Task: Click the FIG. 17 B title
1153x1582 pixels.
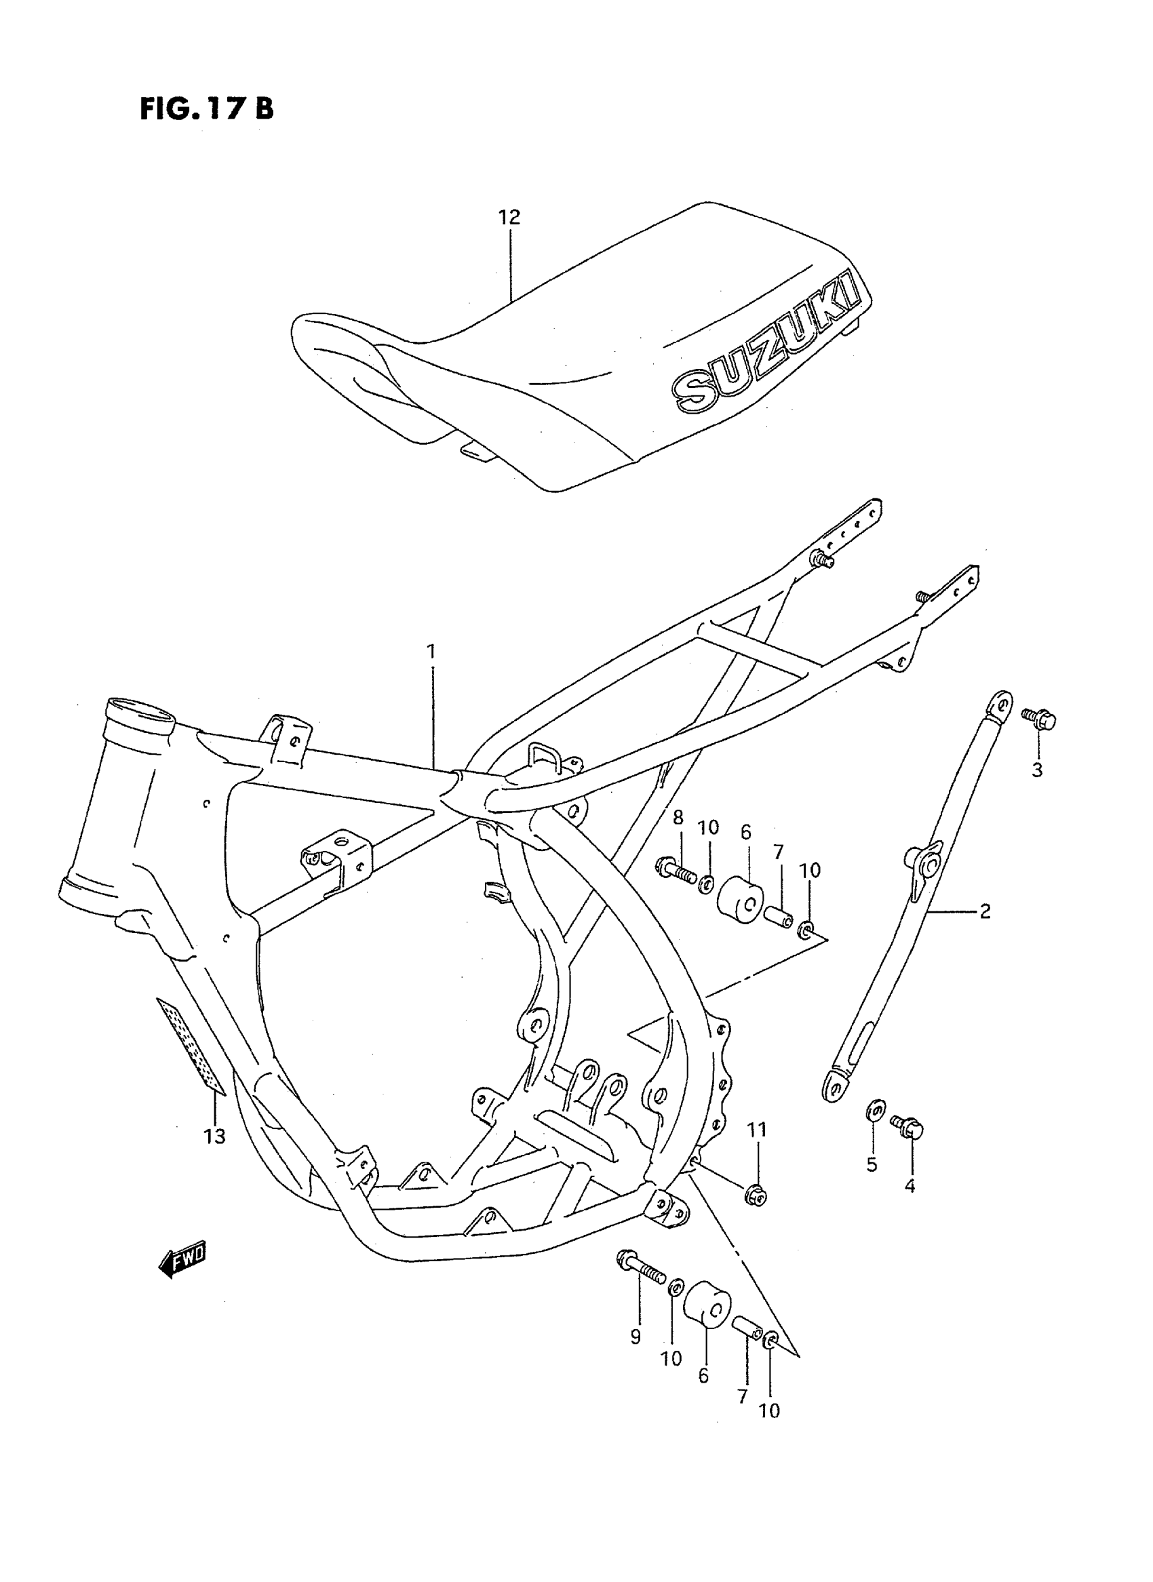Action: coord(207,109)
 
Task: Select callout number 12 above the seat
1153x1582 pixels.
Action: coord(509,218)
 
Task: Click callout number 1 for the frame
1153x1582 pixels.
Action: coord(431,652)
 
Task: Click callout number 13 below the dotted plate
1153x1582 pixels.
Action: coord(215,1136)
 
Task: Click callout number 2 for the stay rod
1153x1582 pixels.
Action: coord(985,911)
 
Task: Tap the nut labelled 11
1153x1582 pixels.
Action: coord(756,1197)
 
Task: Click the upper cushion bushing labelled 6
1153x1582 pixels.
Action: coord(741,901)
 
